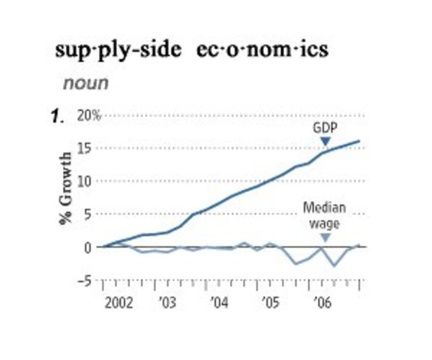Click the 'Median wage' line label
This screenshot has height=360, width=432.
(325, 215)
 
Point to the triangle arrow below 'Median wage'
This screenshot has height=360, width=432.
(325, 238)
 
